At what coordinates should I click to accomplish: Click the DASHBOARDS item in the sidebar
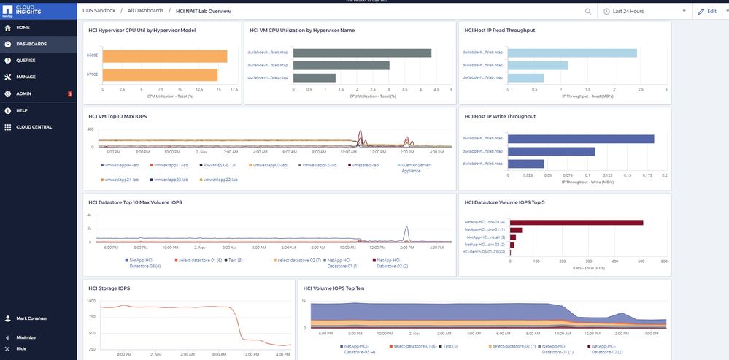pos(31,44)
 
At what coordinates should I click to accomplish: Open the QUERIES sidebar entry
pos(26,60)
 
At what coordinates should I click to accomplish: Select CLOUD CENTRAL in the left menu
pos(34,127)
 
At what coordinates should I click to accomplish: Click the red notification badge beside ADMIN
pos(69,93)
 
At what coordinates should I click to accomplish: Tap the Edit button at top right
pos(707,12)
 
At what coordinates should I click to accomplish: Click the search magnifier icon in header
pos(588,12)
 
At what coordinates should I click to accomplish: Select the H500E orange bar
pos(164,56)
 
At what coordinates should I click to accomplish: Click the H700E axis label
pos(92,75)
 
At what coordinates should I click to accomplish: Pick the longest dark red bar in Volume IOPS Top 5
pos(576,222)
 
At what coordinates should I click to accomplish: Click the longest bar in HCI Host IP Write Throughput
pos(581,139)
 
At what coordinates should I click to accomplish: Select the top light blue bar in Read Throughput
pos(573,53)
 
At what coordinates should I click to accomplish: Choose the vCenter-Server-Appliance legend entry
pos(417,167)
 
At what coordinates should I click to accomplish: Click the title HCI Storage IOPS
pos(109,288)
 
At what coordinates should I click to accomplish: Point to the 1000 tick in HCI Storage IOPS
pos(91,301)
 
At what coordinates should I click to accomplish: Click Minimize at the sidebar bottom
pos(26,337)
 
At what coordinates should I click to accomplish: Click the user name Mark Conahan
pos(32,318)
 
